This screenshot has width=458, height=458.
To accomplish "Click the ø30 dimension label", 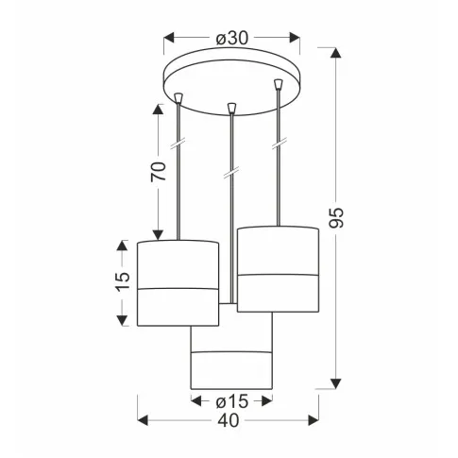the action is tap(232, 38).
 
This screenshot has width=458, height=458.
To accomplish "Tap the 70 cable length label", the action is tap(159, 172).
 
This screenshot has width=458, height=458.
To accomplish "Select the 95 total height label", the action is tap(336, 218).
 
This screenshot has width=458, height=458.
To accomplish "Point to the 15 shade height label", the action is tap(123, 281).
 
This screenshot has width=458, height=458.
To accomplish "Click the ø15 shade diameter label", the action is tap(232, 401).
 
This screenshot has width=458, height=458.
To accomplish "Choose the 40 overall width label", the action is tap(229, 420).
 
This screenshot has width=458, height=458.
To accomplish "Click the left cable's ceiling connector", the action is tap(178, 98).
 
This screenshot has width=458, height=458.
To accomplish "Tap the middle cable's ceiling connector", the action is tap(231, 108).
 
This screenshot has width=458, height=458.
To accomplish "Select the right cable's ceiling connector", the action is tap(278, 84).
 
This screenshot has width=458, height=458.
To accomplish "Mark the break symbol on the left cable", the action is tap(178, 144).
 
